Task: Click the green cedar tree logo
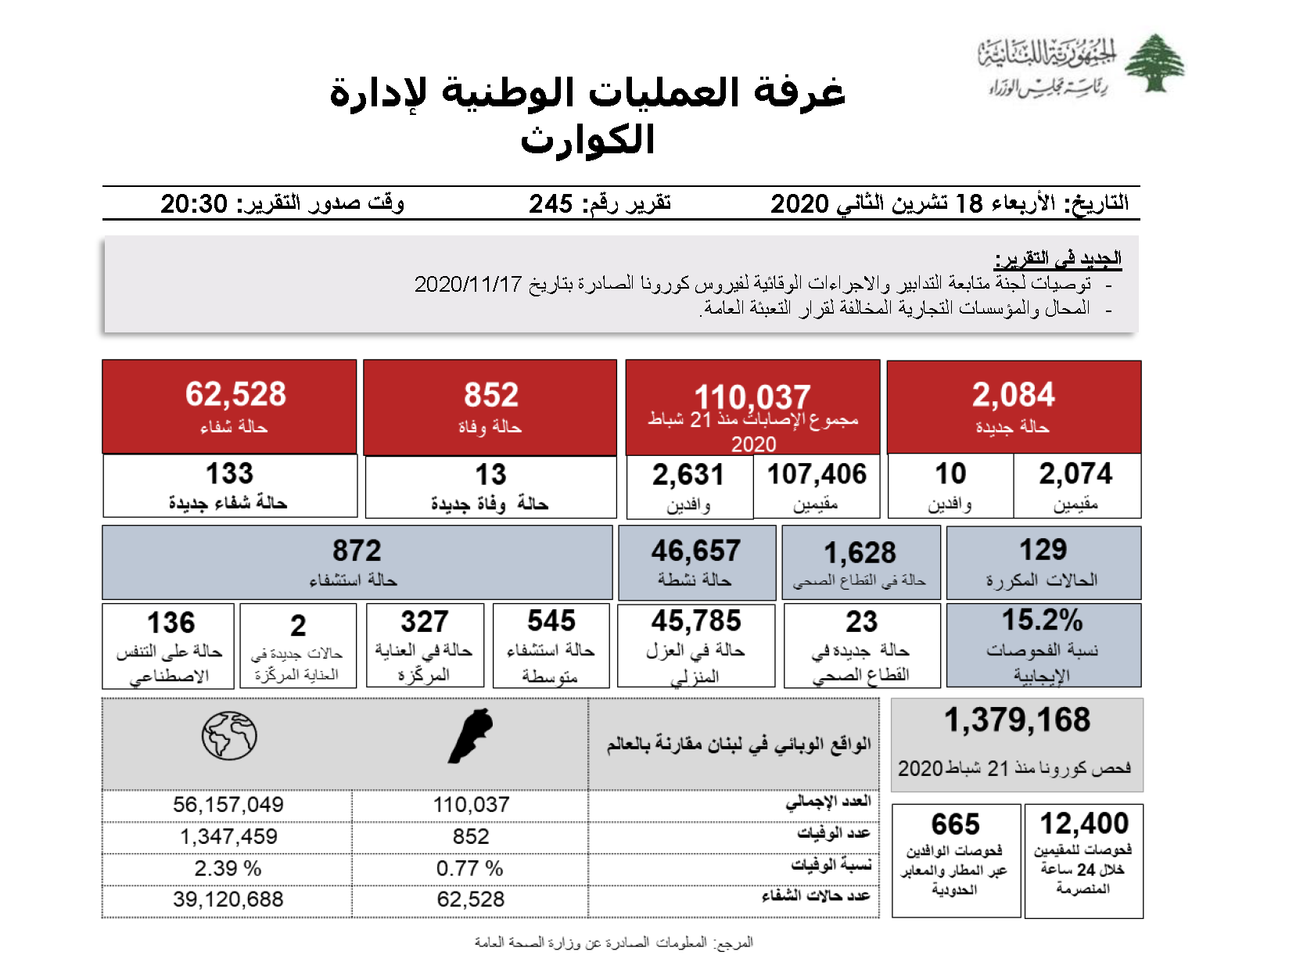point(1154,63)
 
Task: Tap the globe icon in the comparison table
point(229,735)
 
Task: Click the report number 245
point(551,203)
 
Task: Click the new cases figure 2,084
point(1013,395)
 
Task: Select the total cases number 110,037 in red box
point(752,397)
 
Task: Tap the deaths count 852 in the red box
point(491,395)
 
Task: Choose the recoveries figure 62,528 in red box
point(235,394)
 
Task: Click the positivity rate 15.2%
point(1042,620)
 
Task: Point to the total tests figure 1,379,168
point(1017,720)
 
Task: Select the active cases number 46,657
point(695,551)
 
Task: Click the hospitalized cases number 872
point(357,551)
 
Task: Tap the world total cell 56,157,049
point(228,805)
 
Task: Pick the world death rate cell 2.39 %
point(228,868)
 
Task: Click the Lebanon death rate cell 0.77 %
point(470,868)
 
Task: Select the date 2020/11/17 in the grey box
point(468,284)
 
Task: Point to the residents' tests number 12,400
point(1084,824)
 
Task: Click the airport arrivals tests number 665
point(955,824)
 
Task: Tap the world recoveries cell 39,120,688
point(228,899)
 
